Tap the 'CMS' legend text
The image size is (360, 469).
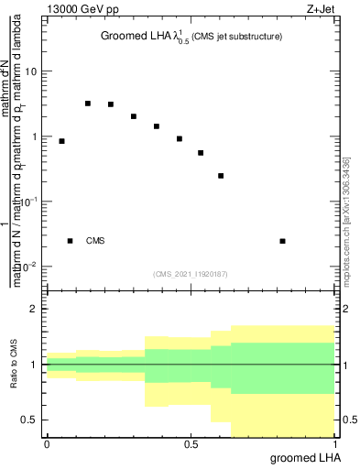tap(95, 241)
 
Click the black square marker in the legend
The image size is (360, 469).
tap(70, 241)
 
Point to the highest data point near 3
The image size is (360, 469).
tap(88, 104)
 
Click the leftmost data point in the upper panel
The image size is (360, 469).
tap(61, 141)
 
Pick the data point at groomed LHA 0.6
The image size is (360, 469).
tap(221, 176)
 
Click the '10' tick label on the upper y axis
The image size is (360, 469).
tap(31, 71)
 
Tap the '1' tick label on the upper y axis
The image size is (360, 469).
tap(34, 136)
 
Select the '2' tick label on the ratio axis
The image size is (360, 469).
tap(34, 309)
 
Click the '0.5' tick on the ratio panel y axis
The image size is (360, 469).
tap(29, 420)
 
